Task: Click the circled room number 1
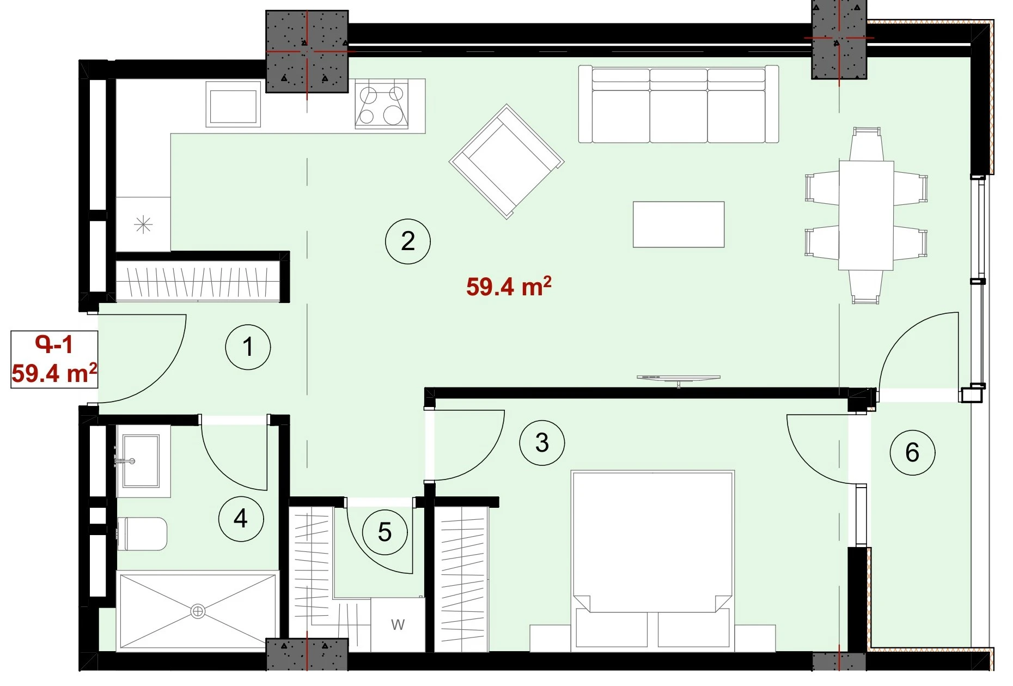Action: pos(248,347)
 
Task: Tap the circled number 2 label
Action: pos(408,241)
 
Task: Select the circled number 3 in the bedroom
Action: pos(542,442)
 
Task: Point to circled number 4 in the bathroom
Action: pos(241,518)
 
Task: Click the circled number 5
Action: pos(385,532)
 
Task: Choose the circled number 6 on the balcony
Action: pos(912,452)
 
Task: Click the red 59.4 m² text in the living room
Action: pos(509,286)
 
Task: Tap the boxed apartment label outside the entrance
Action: pos(54,359)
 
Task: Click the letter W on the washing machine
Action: pos(398,624)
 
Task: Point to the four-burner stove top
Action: pos(381,106)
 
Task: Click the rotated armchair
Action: pos(507,162)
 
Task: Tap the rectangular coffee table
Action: pos(679,224)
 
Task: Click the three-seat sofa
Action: pos(679,104)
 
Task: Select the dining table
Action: pos(866,215)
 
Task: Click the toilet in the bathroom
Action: pos(142,534)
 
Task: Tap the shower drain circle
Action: pos(198,611)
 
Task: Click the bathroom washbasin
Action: pos(141,461)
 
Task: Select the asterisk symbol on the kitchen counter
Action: pos(143,224)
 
